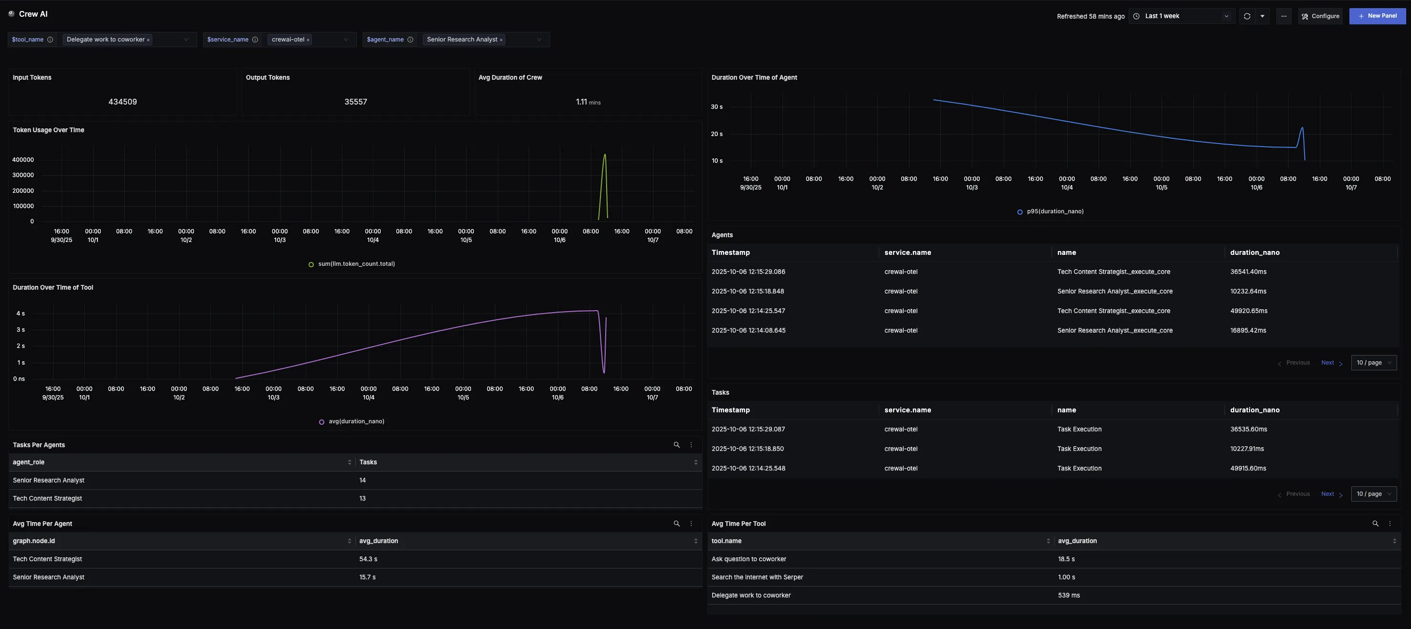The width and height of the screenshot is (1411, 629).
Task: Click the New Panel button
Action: click(x=1377, y=16)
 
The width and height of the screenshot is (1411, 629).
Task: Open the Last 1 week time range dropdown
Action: click(x=1182, y=16)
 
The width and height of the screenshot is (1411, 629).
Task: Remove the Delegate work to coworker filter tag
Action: click(x=148, y=40)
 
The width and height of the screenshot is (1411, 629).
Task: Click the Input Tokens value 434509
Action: click(x=122, y=102)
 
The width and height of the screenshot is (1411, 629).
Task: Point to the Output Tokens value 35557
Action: click(x=355, y=102)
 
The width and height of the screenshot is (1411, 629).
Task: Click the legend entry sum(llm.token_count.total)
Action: click(x=355, y=264)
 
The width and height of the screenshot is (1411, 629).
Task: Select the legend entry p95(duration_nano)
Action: click(x=1054, y=211)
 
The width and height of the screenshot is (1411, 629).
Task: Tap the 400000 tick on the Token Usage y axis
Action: click(x=23, y=160)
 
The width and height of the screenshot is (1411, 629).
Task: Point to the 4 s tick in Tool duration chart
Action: click(x=20, y=314)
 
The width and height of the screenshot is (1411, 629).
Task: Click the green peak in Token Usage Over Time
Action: click(x=605, y=155)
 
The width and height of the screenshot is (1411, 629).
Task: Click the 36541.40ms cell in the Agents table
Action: click(x=1248, y=272)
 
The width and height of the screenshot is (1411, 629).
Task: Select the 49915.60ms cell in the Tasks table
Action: click(x=1248, y=468)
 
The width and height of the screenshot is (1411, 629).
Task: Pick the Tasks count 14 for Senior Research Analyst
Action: click(x=362, y=480)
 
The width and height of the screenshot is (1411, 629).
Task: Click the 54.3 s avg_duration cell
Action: click(x=368, y=559)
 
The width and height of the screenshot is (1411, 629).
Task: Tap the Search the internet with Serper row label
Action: click(x=757, y=577)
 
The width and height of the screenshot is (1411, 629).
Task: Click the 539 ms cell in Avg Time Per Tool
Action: click(x=1068, y=595)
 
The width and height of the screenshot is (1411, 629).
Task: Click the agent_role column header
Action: click(x=29, y=462)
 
